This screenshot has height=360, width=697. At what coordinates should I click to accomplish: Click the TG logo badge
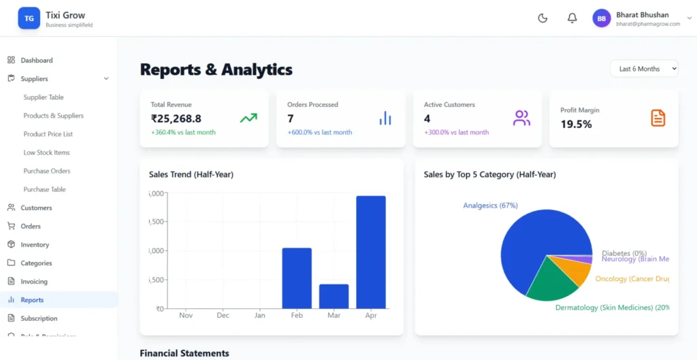point(29,18)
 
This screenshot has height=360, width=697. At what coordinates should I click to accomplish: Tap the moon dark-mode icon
point(542,18)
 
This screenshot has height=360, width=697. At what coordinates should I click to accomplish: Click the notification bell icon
point(572,18)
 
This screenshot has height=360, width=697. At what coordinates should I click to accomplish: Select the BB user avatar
point(602,18)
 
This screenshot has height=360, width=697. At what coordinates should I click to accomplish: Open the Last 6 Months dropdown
point(644,69)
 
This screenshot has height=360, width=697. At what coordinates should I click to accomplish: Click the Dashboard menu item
point(36,61)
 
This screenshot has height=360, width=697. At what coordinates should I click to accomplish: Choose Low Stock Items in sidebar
point(46,152)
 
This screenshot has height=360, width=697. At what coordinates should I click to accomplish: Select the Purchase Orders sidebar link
point(47,171)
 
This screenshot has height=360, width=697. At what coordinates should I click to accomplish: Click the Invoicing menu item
point(34,281)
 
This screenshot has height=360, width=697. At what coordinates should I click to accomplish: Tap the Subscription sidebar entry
point(39,318)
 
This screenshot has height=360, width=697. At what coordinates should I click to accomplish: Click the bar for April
point(371,252)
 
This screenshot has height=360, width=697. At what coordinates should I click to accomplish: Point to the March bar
point(334,296)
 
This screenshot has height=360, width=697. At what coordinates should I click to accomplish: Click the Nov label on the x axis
point(186,316)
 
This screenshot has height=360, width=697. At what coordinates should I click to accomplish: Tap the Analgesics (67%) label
point(490,206)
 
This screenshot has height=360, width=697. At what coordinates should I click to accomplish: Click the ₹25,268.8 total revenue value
point(176,118)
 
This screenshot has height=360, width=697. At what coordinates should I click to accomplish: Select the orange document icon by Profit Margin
point(658,118)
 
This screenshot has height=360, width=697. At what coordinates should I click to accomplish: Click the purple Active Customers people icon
point(521,118)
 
